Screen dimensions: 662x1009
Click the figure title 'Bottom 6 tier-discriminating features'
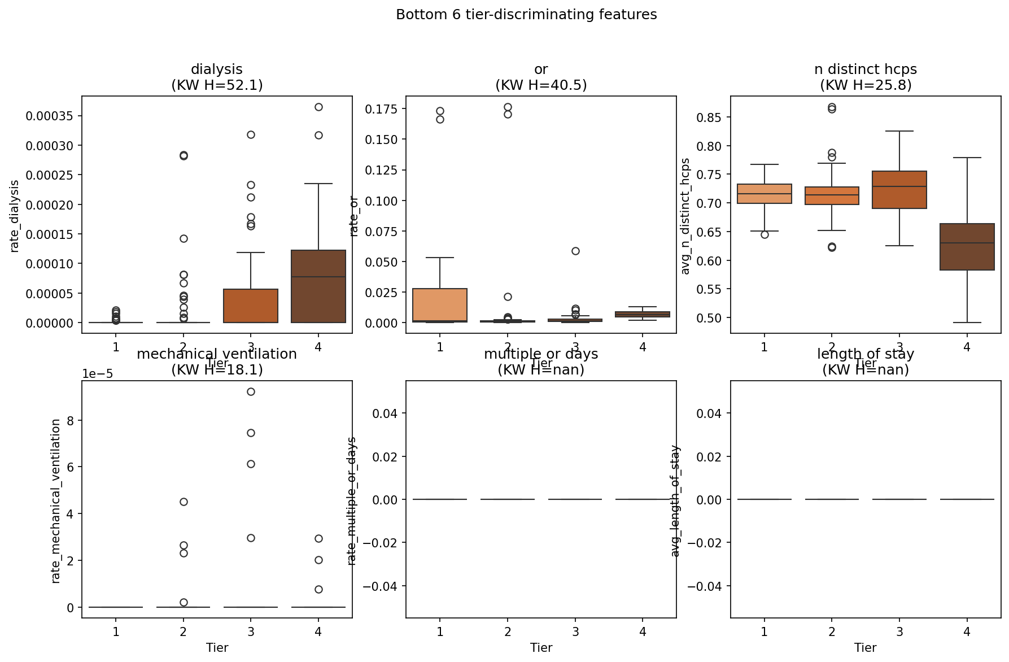click(x=526, y=15)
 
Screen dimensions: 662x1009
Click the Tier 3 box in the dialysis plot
click(x=251, y=306)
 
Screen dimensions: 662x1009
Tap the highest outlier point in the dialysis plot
click(x=318, y=107)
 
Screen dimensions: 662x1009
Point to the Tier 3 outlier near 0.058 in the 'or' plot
click(x=575, y=251)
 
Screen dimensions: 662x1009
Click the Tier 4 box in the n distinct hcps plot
click(x=967, y=247)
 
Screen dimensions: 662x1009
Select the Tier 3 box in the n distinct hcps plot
click(x=899, y=190)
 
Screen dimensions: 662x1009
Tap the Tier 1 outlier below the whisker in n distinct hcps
click(x=765, y=234)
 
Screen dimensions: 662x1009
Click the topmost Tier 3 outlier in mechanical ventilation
click(x=251, y=391)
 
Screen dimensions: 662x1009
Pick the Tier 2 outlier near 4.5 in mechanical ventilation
click(x=184, y=502)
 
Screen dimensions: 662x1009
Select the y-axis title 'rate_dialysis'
click(x=15, y=216)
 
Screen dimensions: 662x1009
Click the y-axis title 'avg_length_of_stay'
click(x=675, y=501)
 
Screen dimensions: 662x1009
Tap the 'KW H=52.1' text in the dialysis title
click(x=217, y=85)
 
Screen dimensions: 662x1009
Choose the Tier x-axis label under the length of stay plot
click(x=865, y=647)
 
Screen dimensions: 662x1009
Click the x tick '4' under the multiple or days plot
click(x=643, y=631)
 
